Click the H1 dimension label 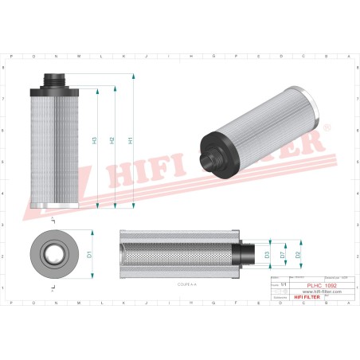coord(131,140)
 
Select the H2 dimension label coord(112,140)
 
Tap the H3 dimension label coord(95,140)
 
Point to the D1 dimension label coord(90,254)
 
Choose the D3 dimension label coord(268,254)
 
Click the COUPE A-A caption coord(189,282)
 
